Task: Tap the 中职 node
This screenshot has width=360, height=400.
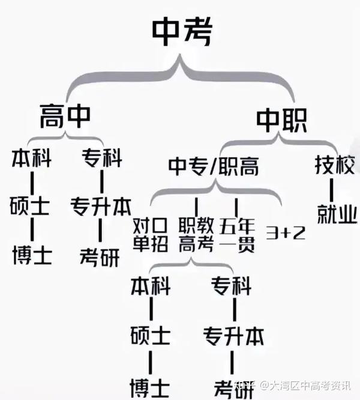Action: click(x=281, y=120)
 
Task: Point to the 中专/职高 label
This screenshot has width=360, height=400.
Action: click(x=213, y=166)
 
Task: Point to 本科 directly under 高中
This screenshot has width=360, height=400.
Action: click(x=31, y=159)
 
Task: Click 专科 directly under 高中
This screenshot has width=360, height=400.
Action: click(x=101, y=159)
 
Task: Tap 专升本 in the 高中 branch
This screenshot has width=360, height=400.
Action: click(x=101, y=207)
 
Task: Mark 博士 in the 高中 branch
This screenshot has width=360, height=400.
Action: click(x=31, y=255)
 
